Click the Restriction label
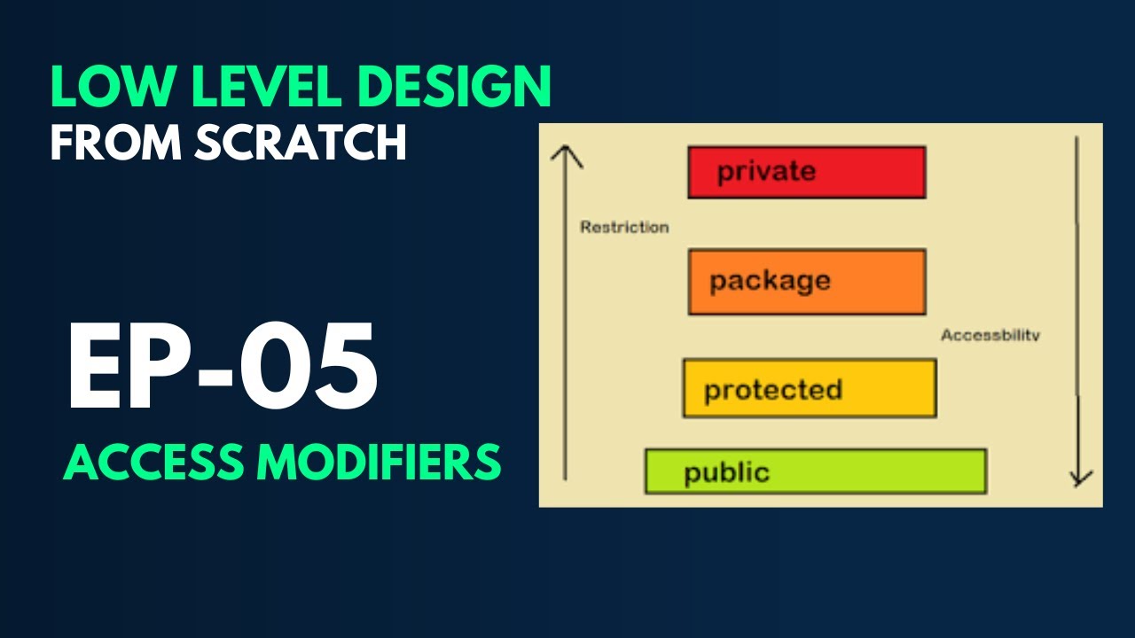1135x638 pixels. pos(624,227)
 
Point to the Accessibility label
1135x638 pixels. pos(990,336)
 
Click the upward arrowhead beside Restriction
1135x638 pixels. pos(566,157)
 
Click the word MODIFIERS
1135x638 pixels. pos(379,462)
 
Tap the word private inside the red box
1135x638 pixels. pos(766,171)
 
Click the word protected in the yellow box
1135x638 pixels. pos(772,390)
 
